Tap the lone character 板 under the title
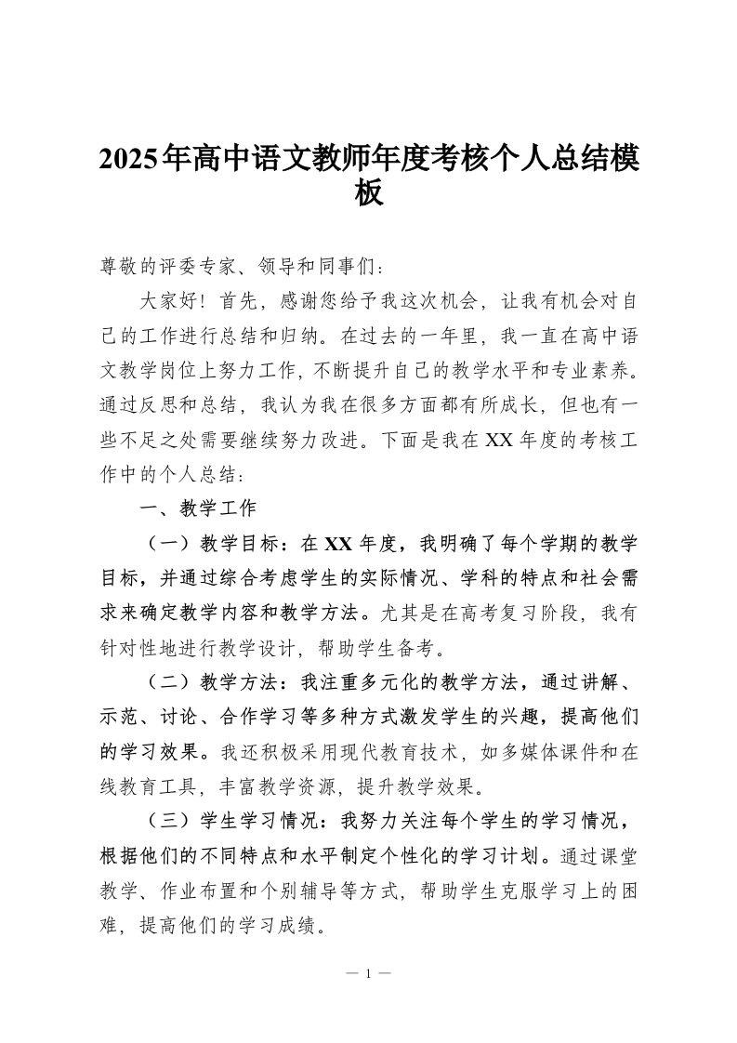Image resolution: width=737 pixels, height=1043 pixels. click(368, 192)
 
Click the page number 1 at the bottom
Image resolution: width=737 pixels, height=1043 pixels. click(368, 974)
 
